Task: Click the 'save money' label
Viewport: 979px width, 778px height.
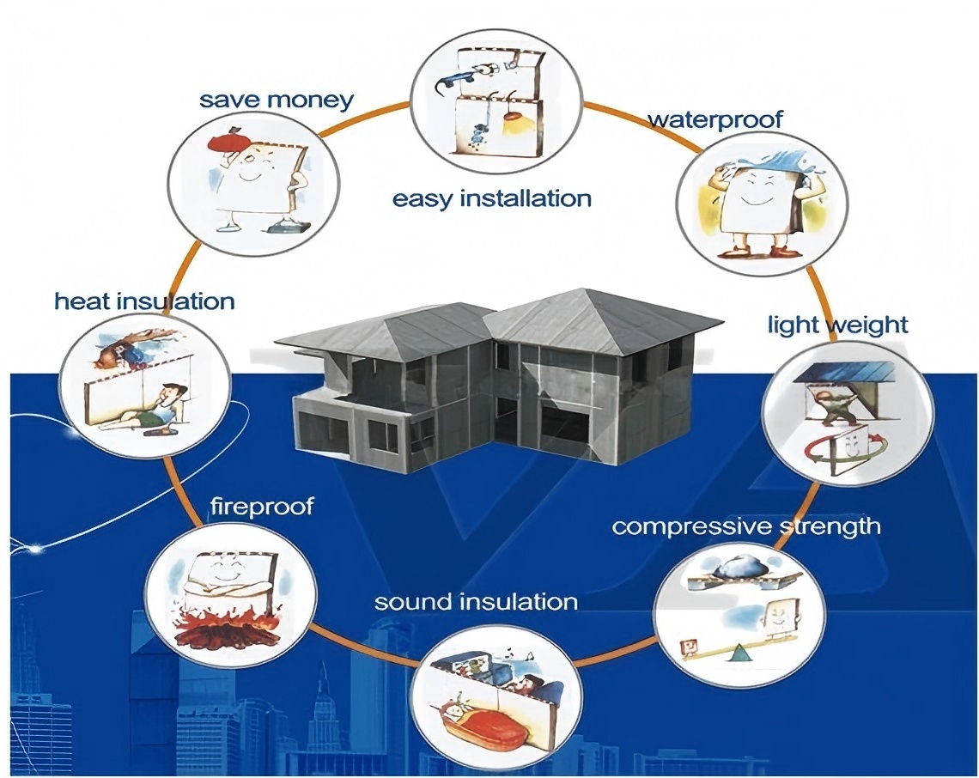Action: (x=277, y=99)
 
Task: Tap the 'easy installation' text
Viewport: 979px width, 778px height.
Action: (x=492, y=199)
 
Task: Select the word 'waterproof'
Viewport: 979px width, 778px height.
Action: (x=714, y=119)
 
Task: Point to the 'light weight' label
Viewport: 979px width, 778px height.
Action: (x=837, y=325)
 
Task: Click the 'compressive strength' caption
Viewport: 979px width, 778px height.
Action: (x=746, y=525)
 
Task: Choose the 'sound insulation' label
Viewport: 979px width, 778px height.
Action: (x=476, y=601)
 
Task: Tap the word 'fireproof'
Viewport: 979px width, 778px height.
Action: (x=263, y=506)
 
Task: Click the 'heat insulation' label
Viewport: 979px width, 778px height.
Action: (x=144, y=301)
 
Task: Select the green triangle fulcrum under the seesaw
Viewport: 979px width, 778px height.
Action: (x=738, y=656)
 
